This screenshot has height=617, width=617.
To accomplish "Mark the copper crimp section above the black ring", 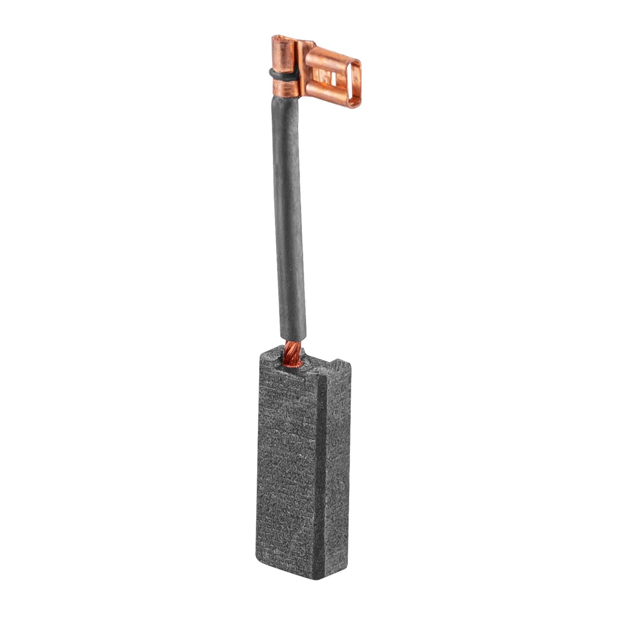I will (x=284, y=57).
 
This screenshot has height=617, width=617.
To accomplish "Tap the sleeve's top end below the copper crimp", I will (x=285, y=105).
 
